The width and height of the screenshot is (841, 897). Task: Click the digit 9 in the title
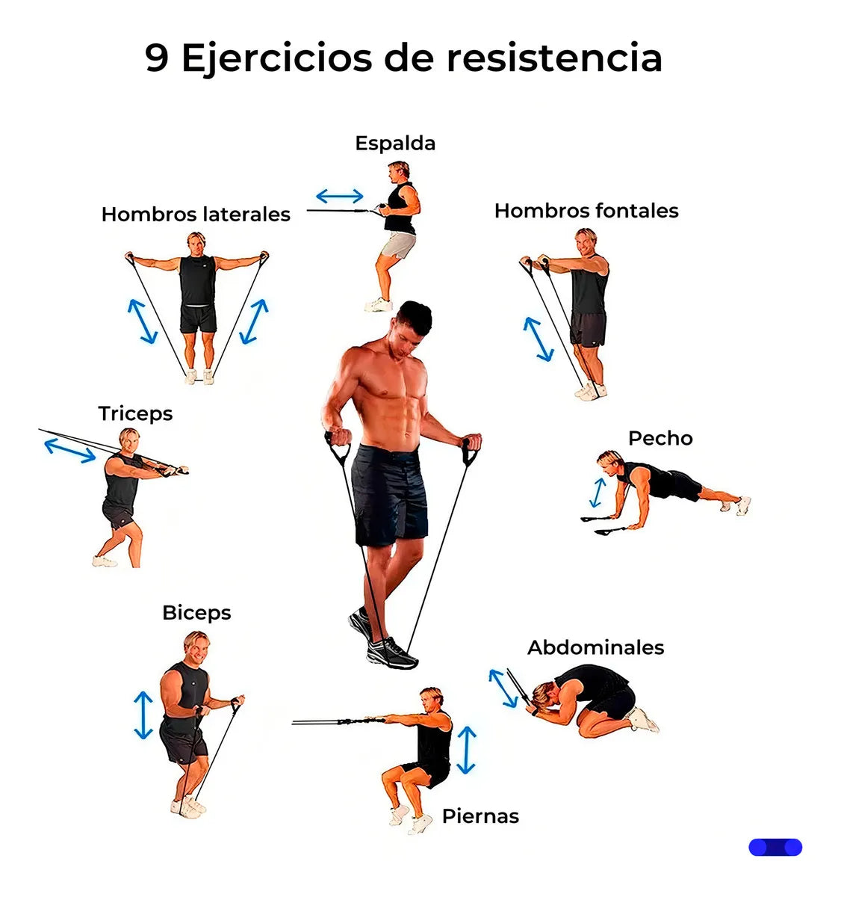point(157,58)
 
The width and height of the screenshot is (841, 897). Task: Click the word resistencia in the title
point(554,58)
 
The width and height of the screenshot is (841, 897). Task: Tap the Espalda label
point(395,144)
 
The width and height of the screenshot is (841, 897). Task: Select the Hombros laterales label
point(196,214)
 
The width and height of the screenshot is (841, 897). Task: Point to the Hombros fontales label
point(586,211)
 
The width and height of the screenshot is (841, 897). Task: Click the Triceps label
point(135,414)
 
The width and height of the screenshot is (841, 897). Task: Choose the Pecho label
point(660,438)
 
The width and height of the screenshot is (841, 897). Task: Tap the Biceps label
point(196,614)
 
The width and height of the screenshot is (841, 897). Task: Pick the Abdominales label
point(595,647)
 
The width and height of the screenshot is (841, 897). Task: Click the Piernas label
point(480,816)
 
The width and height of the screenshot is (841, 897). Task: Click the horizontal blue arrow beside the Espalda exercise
point(340,196)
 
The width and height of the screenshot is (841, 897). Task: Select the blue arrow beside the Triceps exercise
point(70,451)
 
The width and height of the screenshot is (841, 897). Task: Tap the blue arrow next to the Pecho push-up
point(598,493)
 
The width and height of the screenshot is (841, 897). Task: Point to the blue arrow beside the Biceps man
point(143,715)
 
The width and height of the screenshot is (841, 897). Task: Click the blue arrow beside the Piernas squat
point(466,750)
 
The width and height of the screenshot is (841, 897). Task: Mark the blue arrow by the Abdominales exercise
point(503,688)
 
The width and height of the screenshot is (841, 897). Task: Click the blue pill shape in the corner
point(775,848)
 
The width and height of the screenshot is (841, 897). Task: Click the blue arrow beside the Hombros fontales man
point(538,339)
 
